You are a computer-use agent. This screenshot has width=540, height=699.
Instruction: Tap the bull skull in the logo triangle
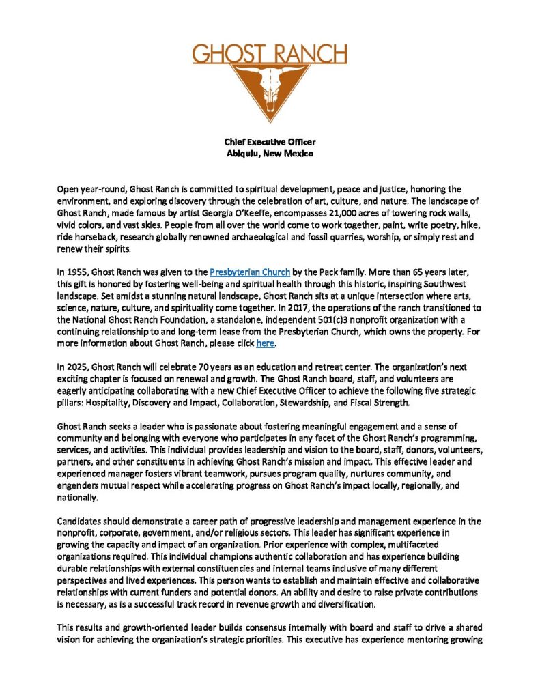click(270, 85)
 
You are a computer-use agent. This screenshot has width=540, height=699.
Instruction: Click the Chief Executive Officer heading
click(270, 142)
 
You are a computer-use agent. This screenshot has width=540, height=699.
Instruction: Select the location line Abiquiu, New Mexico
click(270, 154)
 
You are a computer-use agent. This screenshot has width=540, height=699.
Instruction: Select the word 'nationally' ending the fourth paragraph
click(79, 496)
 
